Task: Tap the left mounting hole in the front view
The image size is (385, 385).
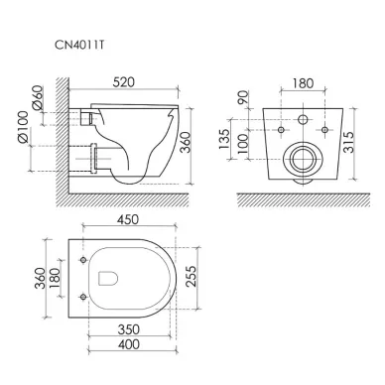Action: [283, 129]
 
